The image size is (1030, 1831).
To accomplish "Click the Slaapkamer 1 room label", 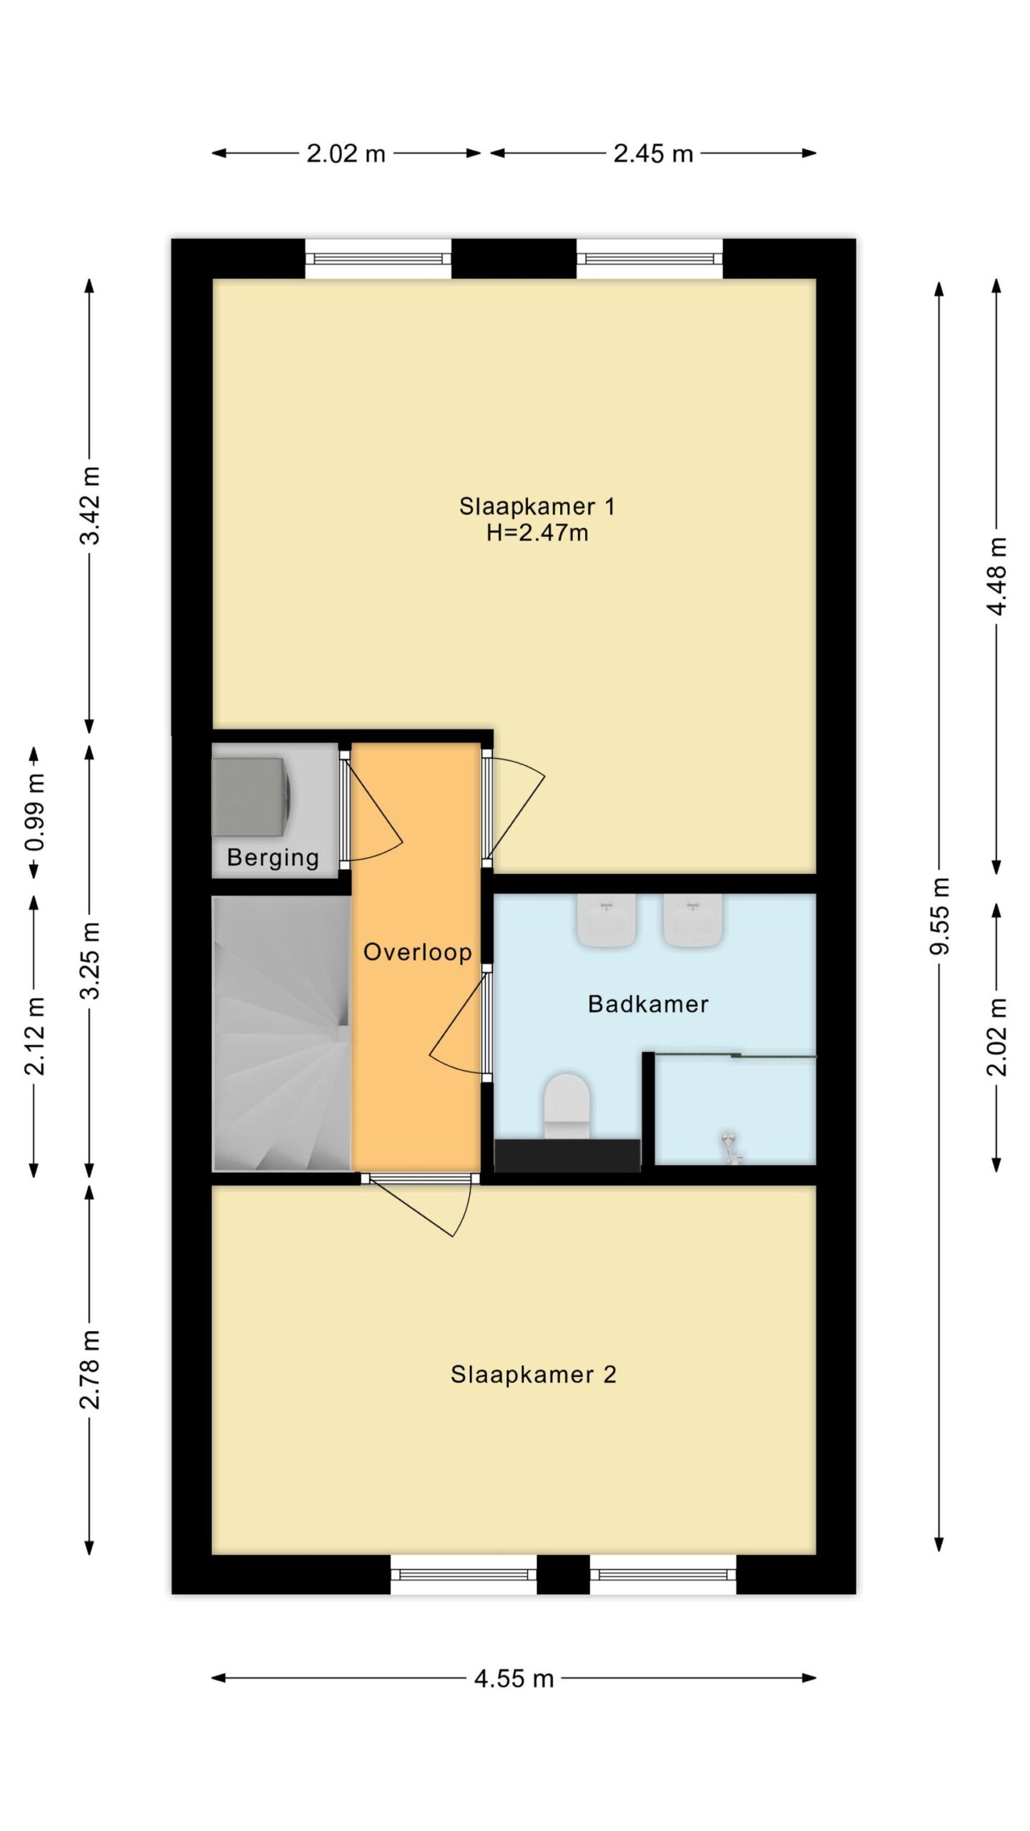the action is (x=536, y=506).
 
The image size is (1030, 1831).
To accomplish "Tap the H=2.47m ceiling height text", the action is (x=537, y=533).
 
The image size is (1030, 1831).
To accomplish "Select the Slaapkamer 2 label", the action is (x=533, y=1375).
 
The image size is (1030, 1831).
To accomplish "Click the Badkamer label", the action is (x=648, y=1004).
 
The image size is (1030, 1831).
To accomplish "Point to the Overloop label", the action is (x=418, y=952).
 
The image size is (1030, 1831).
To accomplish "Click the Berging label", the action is (x=273, y=858).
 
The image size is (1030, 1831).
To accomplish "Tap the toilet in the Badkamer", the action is (x=566, y=1105).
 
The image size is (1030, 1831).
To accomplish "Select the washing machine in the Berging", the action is (x=251, y=797).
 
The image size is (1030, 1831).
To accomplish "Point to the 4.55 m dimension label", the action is (x=514, y=1678).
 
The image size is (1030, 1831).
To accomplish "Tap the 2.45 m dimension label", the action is (x=653, y=154).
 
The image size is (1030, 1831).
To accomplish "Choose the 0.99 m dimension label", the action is (x=35, y=812).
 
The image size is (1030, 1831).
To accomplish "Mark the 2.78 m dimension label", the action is (x=90, y=1369).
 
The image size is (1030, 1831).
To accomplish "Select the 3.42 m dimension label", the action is (x=90, y=505).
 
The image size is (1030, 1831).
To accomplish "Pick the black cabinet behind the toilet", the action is (x=567, y=1155).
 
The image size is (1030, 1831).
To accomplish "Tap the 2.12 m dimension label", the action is (x=35, y=1036).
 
